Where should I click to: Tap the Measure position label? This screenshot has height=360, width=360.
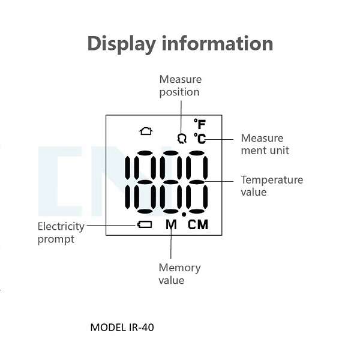pos(180,85)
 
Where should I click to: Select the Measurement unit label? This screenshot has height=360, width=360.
pos(265,144)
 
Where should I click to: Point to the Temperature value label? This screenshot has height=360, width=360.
pos(272,185)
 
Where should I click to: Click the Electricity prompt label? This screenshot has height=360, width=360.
pos(61,233)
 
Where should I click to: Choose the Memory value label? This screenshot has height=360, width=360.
pos(179,274)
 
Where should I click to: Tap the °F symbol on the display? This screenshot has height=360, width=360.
pos(199,124)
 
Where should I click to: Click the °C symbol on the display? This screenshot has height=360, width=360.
pos(199,139)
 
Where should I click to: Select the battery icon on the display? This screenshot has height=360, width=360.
pos(145,225)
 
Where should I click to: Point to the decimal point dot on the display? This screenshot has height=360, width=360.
pos(184,214)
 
